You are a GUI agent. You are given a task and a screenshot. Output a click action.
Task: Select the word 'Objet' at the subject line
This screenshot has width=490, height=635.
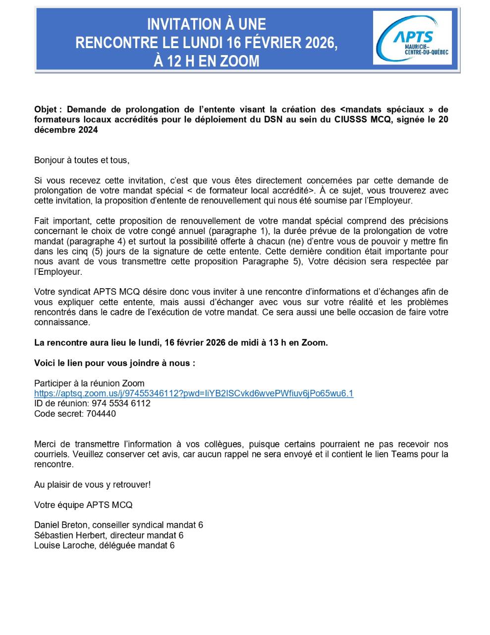[x=46, y=109]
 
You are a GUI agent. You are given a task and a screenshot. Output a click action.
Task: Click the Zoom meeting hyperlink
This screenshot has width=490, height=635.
[x=194, y=393]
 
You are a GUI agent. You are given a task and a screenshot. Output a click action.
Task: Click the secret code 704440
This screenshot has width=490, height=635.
[x=101, y=414]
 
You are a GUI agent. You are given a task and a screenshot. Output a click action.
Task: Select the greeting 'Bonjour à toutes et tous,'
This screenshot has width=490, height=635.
[x=82, y=160]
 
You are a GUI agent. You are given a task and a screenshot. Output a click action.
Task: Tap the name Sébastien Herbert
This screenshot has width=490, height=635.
[x=70, y=535]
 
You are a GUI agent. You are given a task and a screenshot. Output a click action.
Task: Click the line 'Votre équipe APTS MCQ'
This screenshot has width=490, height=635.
[x=83, y=505]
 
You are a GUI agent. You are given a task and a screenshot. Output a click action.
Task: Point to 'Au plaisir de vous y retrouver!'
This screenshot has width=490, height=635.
[x=92, y=485]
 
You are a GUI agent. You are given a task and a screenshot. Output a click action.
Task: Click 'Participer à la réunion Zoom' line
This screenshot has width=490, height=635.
[x=89, y=383]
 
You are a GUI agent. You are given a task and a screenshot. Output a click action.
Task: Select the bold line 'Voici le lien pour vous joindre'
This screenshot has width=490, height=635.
[x=114, y=363]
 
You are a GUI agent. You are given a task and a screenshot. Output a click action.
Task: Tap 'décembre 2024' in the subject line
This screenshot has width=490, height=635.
[x=66, y=130]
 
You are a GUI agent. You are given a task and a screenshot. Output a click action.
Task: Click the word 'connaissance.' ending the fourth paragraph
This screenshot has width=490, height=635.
[x=62, y=322]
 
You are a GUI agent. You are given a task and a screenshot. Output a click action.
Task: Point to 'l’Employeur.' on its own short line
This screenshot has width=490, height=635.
[x=58, y=272]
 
